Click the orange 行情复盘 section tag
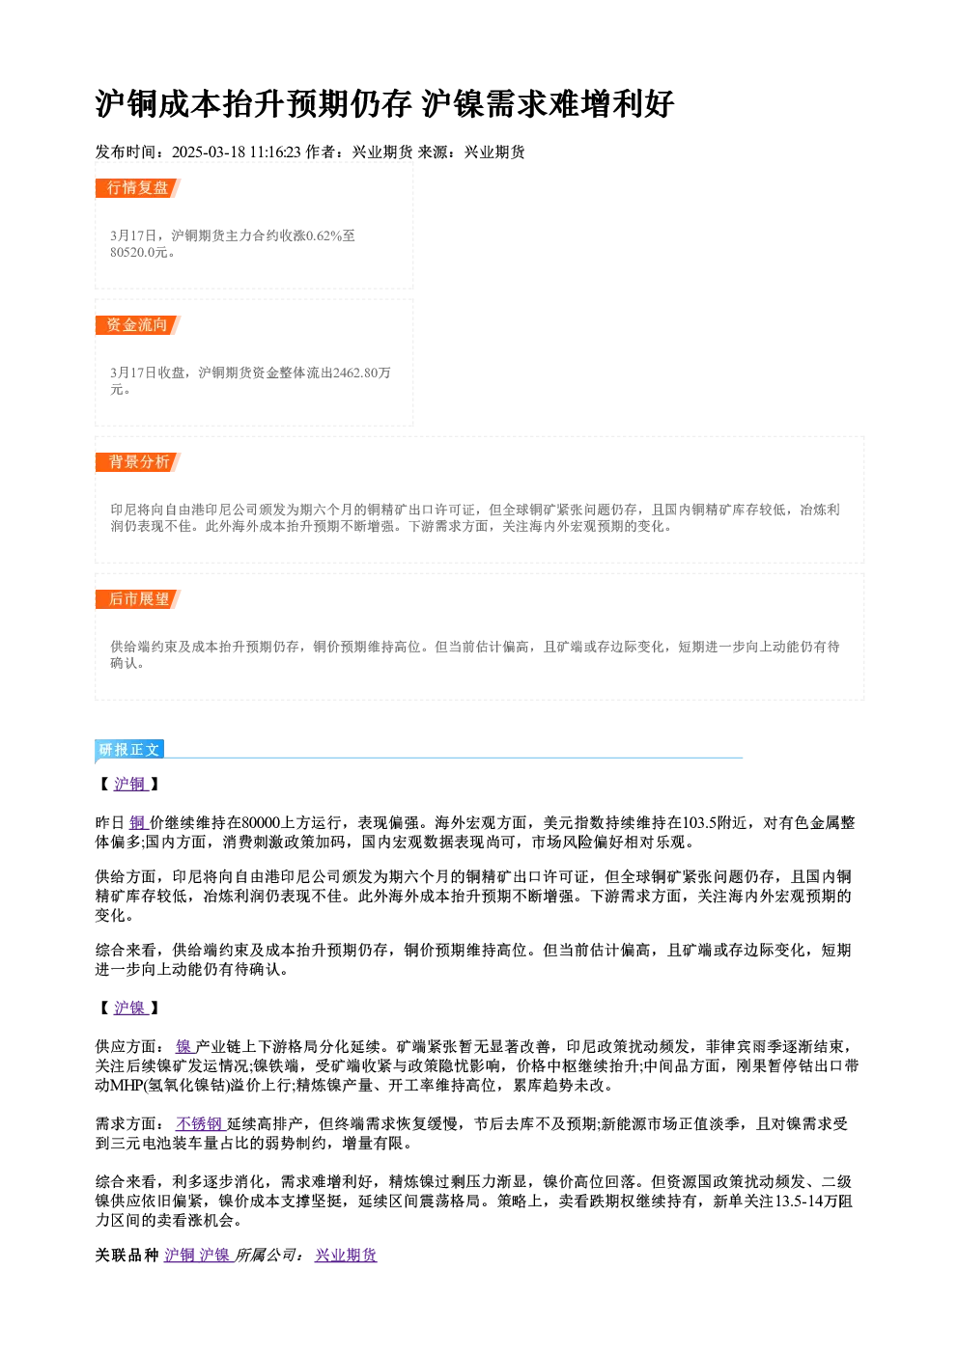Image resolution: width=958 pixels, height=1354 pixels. pyautogui.click(x=138, y=188)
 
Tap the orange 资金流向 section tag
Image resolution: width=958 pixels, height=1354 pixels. pyautogui.click(x=138, y=325)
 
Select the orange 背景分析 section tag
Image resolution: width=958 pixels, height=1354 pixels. pyautogui.click(x=138, y=462)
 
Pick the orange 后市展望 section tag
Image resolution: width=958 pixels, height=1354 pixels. pyautogui.click(x=138, y=599)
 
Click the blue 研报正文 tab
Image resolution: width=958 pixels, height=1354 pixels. pyautogui.click(x=129, y=750)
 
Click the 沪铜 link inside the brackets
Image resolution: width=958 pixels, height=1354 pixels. pyautogui.click(x=130, y=784)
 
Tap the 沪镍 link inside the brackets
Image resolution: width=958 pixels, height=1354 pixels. pyautogui.click(x=130, y=1008)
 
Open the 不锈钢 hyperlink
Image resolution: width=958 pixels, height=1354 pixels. pyautogui.click(x=200, y=1123)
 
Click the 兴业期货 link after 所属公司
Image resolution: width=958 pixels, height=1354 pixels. pyautogui.click(x=346, y=1256)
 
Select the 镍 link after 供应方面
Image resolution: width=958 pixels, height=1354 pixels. pyautogui.click(x=184, y=1046)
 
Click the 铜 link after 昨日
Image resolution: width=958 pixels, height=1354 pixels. pyautogui.click(x=138, y=822)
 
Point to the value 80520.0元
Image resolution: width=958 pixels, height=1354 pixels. pyautogui.click(x=139, y=252)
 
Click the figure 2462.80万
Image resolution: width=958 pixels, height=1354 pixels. pyautogui.click(x=362, y=373)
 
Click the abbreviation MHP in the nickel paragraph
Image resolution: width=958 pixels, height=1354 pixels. pyautogui.click(x=111, y=1085)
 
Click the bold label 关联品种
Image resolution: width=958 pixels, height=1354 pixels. pyautogui.click(x=127, y=1256)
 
